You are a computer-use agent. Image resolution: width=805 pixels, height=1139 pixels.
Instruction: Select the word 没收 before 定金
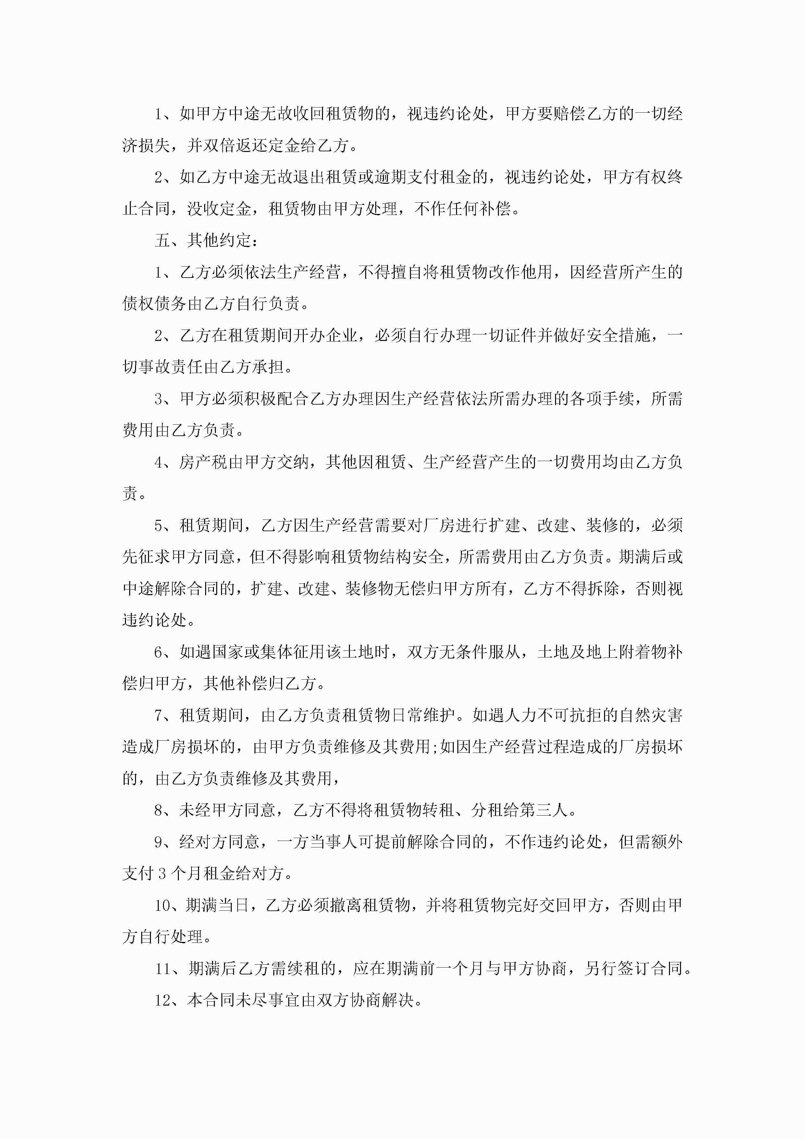coord(203,208)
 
